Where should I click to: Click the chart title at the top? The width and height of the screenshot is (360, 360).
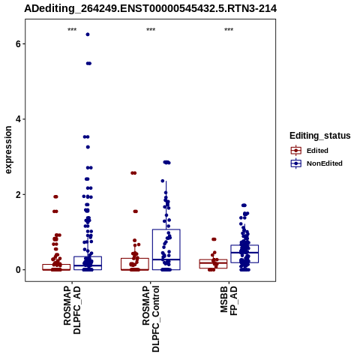tap(150, 8)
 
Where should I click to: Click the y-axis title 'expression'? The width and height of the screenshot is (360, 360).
tap(8, 150)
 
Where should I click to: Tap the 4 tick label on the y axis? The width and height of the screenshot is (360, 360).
tap(18, 119)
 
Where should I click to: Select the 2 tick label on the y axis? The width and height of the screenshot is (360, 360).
tap(18, 195)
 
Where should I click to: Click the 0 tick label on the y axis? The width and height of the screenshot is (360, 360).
tap(18, 270)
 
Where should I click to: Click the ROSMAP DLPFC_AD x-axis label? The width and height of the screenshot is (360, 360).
tap(72, 310)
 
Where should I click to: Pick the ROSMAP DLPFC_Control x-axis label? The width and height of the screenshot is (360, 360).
tap(151, 319)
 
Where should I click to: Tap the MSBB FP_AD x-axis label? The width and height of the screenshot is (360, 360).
tap(229, 301)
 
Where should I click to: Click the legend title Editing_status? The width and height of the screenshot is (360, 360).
tap(320, 136)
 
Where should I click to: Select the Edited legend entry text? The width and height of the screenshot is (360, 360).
tap(317, 151)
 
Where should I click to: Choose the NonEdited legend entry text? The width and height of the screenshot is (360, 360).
tap(325, 163)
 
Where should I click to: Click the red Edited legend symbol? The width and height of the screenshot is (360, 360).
tap(296, 151)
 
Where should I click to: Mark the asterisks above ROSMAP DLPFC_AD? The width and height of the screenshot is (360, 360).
tap(72, 30)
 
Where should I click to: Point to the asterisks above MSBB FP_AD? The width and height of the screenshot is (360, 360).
tap(229, 30)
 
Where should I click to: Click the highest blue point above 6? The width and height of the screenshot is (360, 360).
tap(88, 34)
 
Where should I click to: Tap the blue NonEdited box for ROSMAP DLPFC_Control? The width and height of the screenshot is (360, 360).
tap(166, 229)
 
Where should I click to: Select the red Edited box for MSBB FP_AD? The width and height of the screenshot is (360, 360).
tap(213, 259)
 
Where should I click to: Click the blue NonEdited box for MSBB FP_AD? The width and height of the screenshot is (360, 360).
tap(244, 245)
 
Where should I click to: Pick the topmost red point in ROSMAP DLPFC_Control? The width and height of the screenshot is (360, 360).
tap(133, 173)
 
